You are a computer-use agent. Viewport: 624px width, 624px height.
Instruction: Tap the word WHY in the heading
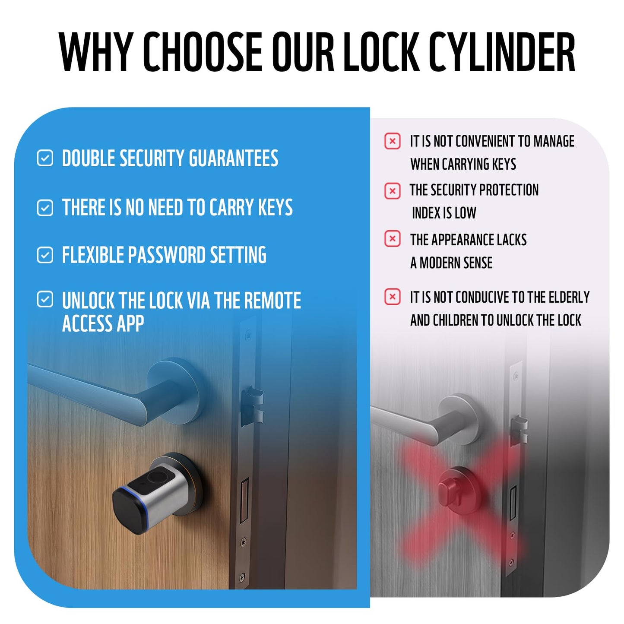click(x=95, y=52)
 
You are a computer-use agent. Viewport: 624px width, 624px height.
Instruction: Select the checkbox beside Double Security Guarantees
click(x=45, y=158)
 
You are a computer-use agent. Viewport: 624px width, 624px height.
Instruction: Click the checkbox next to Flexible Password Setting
click(x=45, y=255)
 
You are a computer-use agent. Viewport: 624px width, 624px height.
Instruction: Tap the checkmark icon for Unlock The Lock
click(x=45, y=299)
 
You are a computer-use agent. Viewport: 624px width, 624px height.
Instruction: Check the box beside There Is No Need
click(x=45, y=208)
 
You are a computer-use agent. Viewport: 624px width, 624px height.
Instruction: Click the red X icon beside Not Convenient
click(x=392, y=141)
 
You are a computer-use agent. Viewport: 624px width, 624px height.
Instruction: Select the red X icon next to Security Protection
click(x=392, y=190)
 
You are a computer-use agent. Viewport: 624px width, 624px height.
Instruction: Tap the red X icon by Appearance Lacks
click(x=392, y=239)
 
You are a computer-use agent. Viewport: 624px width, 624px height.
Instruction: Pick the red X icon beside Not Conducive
click(x=392, y=297)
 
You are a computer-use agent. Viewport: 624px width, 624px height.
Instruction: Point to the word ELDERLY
click(x=568, y=297)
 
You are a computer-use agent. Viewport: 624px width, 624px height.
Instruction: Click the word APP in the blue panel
click(x=129, y=323)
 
